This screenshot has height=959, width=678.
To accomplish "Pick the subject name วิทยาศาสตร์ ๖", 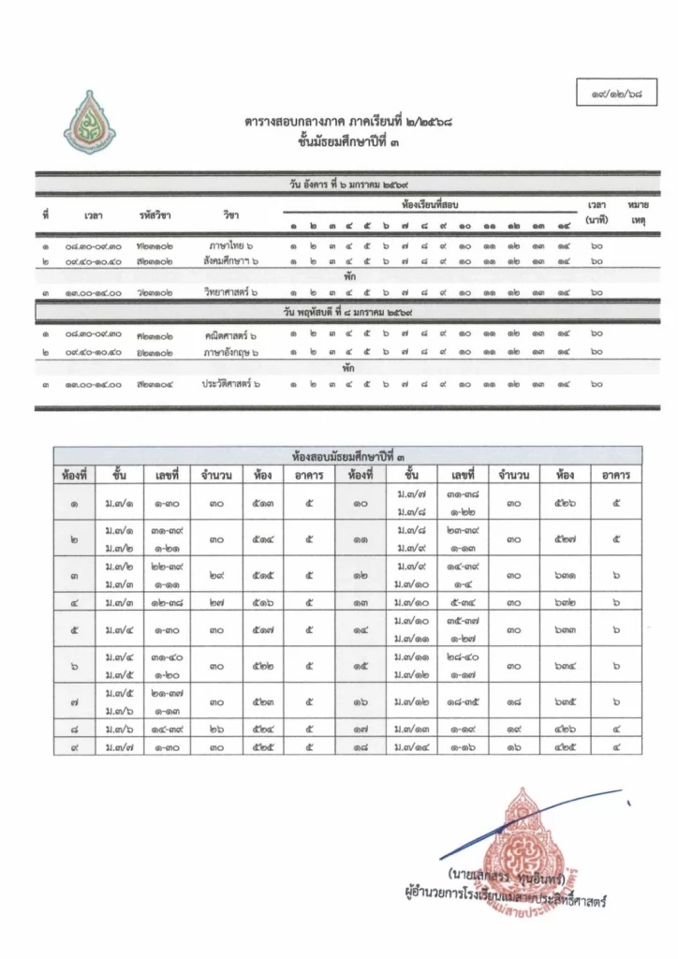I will coord(231,293).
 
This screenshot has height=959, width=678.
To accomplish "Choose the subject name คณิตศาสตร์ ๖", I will coord(231,335).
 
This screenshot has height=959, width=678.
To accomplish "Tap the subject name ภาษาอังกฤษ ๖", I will coord(231,351).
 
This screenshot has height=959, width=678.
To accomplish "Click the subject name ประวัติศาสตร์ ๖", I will coord(231,384).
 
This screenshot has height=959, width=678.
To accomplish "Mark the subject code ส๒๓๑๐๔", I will coord(154,384).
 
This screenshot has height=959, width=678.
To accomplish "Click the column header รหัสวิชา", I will coord(154,215).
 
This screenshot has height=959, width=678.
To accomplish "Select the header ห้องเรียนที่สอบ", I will coord(430,203).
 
